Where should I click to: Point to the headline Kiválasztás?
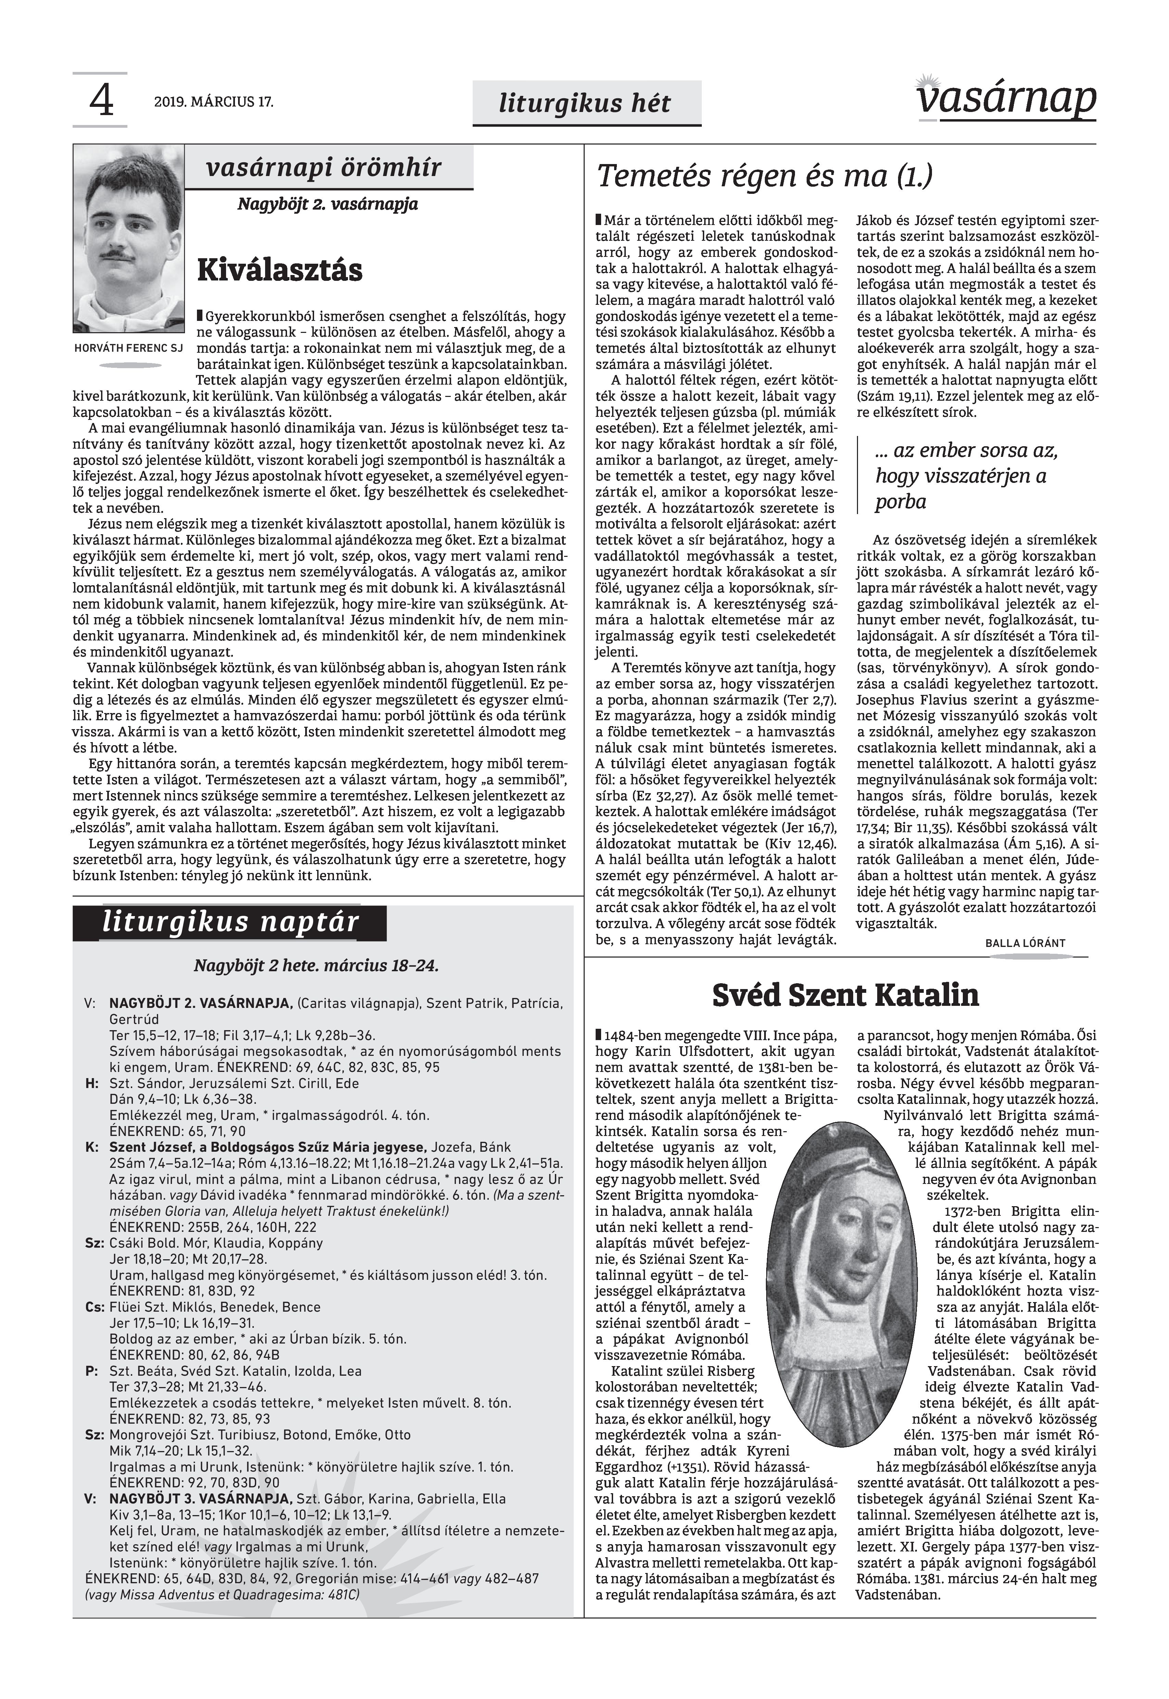(x=280, y=270)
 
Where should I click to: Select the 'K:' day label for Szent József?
(x=92, y=1148)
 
